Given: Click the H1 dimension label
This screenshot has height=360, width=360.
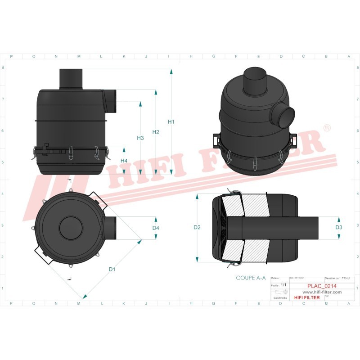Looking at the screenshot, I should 171,122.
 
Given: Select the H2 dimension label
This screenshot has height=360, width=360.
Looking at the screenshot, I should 156,132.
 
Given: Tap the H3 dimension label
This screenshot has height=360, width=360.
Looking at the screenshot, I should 140,138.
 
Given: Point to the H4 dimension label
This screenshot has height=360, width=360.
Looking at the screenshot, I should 124,161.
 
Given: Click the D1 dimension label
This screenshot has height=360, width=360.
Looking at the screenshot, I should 112,269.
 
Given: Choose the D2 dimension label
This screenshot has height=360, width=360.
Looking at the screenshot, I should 197,228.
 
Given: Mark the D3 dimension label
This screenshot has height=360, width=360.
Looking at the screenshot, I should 339,228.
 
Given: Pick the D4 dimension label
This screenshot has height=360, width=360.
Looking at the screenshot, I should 156,228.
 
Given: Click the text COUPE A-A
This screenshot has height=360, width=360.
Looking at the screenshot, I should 250,278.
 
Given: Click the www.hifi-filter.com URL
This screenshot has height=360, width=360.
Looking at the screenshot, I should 319,292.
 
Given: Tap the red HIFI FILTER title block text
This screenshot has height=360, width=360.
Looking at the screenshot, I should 306,297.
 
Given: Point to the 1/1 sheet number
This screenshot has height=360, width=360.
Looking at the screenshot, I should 283,285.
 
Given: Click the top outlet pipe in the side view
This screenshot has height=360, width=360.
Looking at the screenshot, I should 72,79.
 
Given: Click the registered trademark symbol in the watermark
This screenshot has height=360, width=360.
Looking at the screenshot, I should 327,129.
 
